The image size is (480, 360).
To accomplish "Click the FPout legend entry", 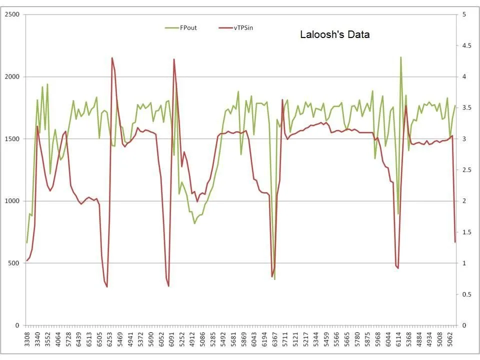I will click(x=188, y=28).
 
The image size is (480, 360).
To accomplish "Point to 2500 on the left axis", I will click(x=12, y=14).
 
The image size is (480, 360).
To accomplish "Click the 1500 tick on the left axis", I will click(x=12, y=139).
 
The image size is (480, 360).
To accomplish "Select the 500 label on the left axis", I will click(x=14, y=263).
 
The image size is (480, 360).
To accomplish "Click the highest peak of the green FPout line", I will click(x=400, y=57).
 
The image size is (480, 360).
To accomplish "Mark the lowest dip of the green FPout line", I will click(x=274, y=279).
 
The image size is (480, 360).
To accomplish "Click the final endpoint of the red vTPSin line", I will click(x=455, y=242).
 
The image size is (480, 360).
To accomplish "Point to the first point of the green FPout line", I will click(x=27, y=242).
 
